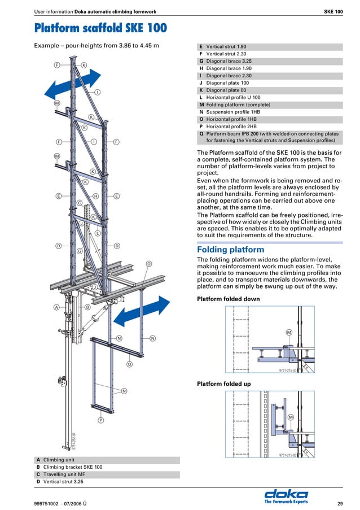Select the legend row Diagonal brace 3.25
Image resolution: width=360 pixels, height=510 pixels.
point(229,61)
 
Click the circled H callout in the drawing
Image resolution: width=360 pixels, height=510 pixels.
point(96,196)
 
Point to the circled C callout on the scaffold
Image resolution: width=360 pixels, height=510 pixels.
point(80,203)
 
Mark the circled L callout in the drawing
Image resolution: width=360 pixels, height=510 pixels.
point(98,233)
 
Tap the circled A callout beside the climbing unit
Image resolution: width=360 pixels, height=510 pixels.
point(57,307)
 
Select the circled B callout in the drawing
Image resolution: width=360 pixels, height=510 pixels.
point(87,307)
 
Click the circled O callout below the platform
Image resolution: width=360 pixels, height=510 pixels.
point(129,365)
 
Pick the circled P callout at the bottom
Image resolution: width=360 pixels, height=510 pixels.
point(100,421)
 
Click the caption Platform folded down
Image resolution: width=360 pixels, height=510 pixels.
point(228,298)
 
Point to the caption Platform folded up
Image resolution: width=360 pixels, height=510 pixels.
point(223,384)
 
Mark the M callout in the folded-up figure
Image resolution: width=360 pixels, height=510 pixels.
point(291,417)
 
